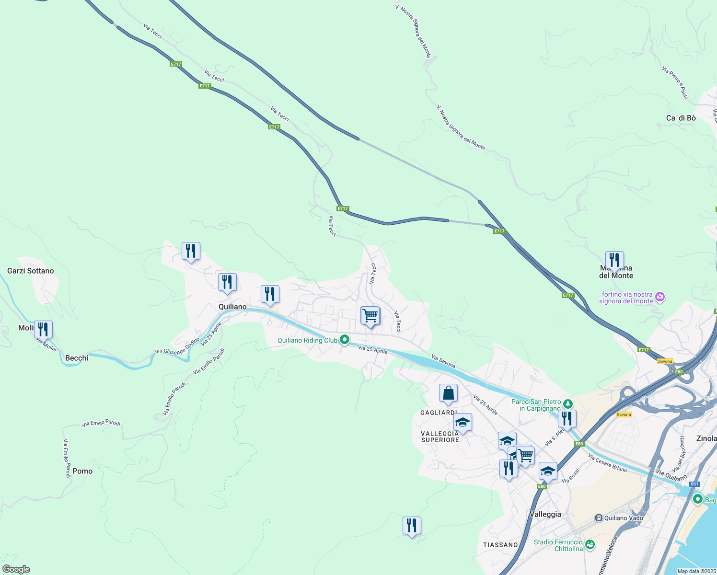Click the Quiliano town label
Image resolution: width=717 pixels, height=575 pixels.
232,307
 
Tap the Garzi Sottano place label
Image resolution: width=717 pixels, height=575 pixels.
31,271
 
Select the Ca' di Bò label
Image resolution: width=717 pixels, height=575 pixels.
681,118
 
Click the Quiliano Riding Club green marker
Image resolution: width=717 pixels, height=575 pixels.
344,340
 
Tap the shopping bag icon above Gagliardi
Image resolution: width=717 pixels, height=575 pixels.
448,393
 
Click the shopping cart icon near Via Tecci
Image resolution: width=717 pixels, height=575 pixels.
370,316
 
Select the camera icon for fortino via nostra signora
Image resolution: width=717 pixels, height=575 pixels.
660,297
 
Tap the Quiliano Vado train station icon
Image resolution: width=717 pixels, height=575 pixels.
599,518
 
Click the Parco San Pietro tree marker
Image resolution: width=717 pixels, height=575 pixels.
567,403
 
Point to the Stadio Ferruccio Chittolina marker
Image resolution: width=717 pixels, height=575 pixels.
590,544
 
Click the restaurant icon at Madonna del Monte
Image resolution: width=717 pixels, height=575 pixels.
614,261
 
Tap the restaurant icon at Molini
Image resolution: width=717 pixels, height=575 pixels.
43,330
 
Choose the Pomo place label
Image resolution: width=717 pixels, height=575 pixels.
82,471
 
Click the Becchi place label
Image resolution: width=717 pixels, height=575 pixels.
77,358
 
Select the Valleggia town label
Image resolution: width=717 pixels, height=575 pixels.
545,514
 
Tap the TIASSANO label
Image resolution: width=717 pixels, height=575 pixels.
500,545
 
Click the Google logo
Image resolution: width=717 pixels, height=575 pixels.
16,569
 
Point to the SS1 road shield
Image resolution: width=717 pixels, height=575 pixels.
694,484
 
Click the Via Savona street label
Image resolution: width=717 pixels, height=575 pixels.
443,361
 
